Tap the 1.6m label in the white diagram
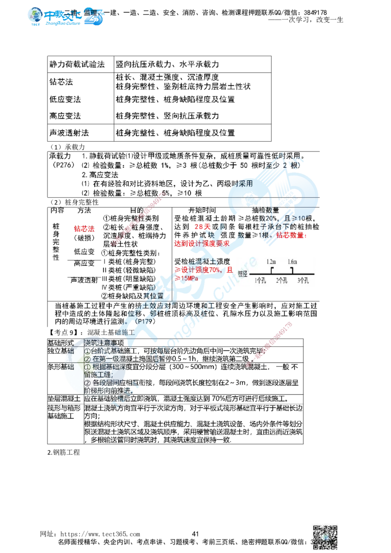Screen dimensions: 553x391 (x=292, y=262)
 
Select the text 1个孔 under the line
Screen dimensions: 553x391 (x=260, y=281)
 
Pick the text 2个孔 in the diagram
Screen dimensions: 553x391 (x=281, y=281)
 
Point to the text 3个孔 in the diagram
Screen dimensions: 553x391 (x=303, y=281)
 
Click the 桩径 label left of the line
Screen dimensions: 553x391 (x=243, y=275)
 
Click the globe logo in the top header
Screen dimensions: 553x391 (x=36, y=16)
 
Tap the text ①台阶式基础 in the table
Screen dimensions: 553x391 (x=105, y=351)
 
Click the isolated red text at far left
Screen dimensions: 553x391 (x=84, y=228)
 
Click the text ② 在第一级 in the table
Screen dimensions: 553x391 (x=105, y=359)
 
